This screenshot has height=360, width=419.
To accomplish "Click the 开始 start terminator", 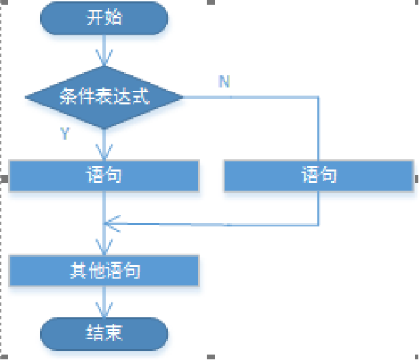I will pyautogui.click(x=104, y=18).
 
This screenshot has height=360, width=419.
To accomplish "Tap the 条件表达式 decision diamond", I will pyautogui.click(x=104, y=97).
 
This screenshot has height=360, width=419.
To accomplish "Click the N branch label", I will pyautogui.click(x=224, y=81).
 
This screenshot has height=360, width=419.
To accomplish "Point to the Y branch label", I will pyautogui.click(x=65, y=134).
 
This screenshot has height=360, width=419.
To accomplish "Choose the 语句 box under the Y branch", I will pyautogui.click(x=104, y=176).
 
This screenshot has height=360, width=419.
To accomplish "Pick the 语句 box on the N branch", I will pyautogui.click(x=319, y=176).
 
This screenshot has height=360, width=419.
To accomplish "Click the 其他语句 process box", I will pyautogui.click(x=104, y=271).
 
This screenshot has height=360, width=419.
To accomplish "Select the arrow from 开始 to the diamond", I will pyautogui.click(x=104, y=51).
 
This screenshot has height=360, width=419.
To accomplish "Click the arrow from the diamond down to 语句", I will pyautogui.click(x=104, y=144).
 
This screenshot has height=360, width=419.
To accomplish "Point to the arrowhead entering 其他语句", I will pyautogui.click(x=104, y=249).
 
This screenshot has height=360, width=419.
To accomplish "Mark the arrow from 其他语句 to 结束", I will pyautogui.click(x=104, y=302).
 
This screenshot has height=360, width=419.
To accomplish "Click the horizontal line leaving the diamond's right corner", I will pyautogui.click(x=251, y=97).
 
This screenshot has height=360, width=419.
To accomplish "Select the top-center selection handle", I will pyautogui.click(x=212, y=2).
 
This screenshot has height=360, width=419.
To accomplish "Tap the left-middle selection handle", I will pyautogui.click(x=3, y=179).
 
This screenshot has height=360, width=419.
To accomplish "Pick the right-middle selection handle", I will pyautogui.click(x=416, y=179).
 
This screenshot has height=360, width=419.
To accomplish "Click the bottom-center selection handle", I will pyautogui.click(x=212, y=357).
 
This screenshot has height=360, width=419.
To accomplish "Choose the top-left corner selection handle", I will pyautogui.click(x=3, y=2).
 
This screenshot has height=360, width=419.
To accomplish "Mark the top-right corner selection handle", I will pyautogui.click(x=416, y=2).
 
